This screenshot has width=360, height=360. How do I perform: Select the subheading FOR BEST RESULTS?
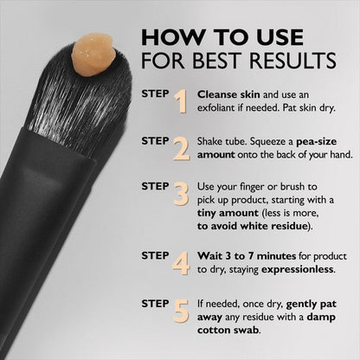[x=238, y=62]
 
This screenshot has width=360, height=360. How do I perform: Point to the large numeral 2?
[x=181, y=148]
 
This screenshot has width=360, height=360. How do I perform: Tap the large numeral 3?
[x=181, y=193]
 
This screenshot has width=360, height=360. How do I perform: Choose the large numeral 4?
[x=181, y=262]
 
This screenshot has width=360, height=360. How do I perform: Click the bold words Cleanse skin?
[x=228, y=93]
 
